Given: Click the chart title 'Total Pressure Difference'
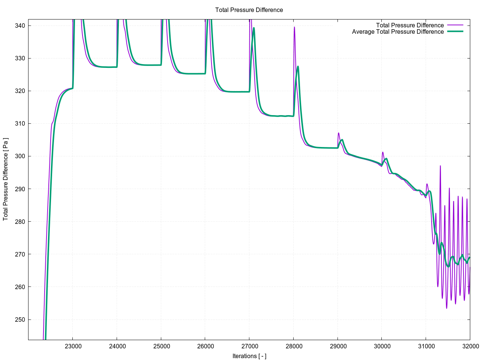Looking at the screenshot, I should [249, 10].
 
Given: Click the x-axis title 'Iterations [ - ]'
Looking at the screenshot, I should [249, 356].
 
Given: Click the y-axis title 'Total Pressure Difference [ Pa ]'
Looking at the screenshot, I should [6, 179].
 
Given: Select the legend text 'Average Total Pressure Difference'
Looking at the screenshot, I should [397, 32].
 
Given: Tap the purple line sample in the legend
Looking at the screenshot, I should [455, 25].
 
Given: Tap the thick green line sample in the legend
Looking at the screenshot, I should [455, 31].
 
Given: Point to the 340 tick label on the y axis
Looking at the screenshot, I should [20, 25].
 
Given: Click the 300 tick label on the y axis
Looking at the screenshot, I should [20, 156].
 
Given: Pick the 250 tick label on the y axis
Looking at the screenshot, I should [20, 319].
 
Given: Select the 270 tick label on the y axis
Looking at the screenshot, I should [20, 254].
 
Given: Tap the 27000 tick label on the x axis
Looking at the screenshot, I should [249, 346].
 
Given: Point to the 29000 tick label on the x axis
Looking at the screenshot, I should [337, 346].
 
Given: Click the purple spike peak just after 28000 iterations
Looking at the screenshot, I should [294, 27].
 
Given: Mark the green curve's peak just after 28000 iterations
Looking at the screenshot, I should [298, 66].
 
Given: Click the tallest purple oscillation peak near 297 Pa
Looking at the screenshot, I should [440, 166].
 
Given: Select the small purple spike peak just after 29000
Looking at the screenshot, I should [339, 133].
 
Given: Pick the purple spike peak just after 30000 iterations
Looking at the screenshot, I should [383, 152].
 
